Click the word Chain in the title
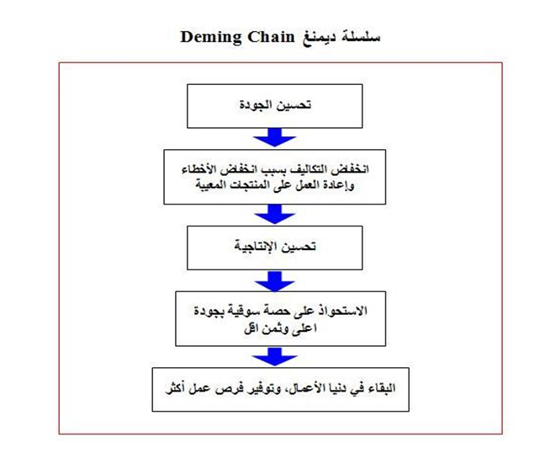pos(272,36)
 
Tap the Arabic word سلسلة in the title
pos(361,36)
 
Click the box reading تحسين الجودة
pos(274,106)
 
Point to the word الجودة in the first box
pos(254,104)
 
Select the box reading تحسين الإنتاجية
pos(274,248)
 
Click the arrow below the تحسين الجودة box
pos(274,137)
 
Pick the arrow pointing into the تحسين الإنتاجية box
pos(274,214)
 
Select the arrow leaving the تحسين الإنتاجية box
pos(274,281)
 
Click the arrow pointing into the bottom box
pos(274,357)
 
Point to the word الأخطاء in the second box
pos(198,169)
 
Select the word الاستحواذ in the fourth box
pos(347,311)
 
